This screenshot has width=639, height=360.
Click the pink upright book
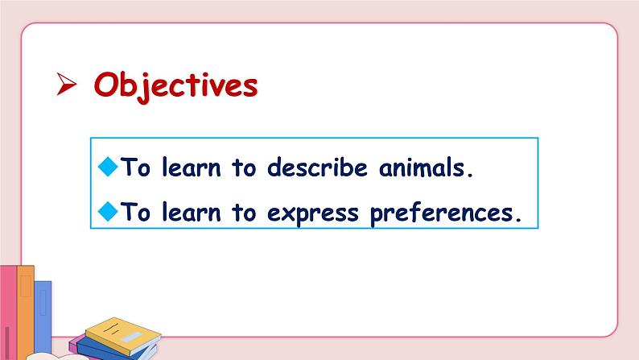tap(8, 310)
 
